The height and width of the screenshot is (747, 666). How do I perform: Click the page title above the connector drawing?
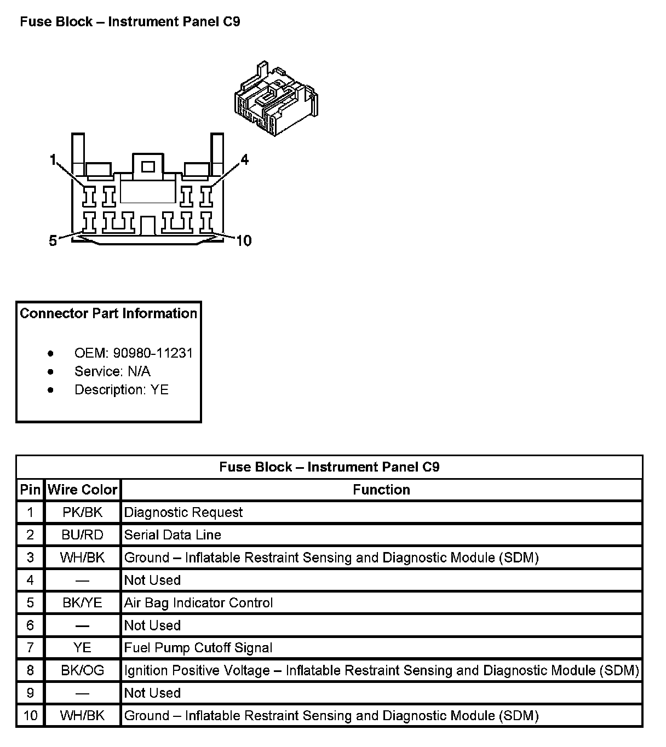tap(130, 22)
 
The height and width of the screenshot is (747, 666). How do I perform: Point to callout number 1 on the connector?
tap(53, 160)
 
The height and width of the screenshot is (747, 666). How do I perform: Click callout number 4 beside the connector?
tap(244, 159)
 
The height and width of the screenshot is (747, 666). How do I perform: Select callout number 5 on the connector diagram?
tap(53, 240)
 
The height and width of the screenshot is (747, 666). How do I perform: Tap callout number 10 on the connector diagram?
tap(243, 240)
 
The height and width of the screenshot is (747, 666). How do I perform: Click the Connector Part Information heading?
tap(108, 313)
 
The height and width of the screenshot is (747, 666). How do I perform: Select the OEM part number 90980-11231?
tap(153, 353)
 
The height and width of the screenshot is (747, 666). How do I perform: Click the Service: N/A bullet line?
tap(112, 371)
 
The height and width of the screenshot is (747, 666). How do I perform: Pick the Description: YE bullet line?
tap(121, 389)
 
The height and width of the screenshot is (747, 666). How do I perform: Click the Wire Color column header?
tap(83, 490)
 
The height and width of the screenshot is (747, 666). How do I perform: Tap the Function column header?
tap(381, 490)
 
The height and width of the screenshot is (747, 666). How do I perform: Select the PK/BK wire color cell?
tap(83, 513)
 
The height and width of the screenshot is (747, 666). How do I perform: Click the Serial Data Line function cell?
tap(173, 535)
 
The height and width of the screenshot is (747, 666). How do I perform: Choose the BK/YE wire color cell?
tap(83, 603)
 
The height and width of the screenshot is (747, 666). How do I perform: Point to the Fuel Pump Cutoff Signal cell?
tap(198, 648)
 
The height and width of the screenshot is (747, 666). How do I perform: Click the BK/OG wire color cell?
tap(83, 670)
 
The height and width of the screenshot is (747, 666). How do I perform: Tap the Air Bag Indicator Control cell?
tap(198, 603)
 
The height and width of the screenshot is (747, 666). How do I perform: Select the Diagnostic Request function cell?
tap(183, 513)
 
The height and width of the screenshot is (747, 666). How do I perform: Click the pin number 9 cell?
tap(30, 693)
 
